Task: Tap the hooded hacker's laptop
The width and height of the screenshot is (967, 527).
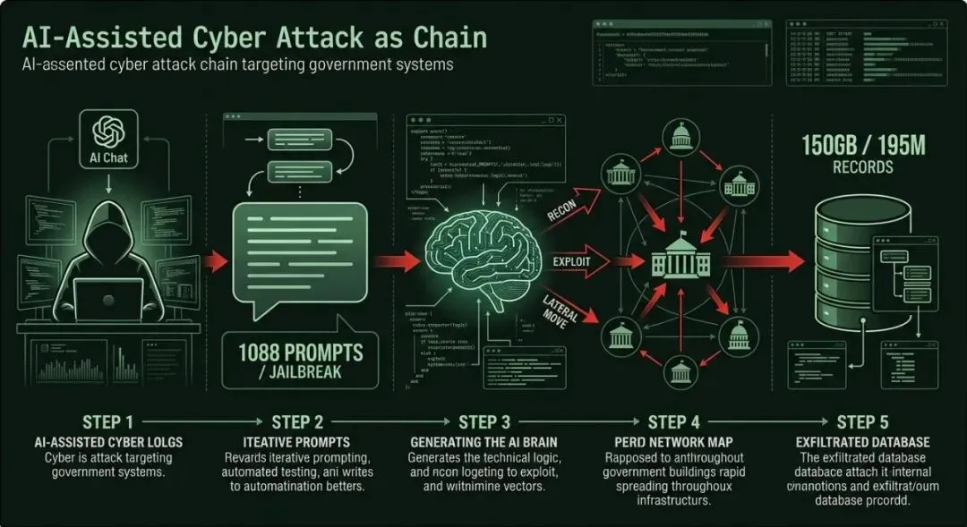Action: (x=108, y=299)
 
